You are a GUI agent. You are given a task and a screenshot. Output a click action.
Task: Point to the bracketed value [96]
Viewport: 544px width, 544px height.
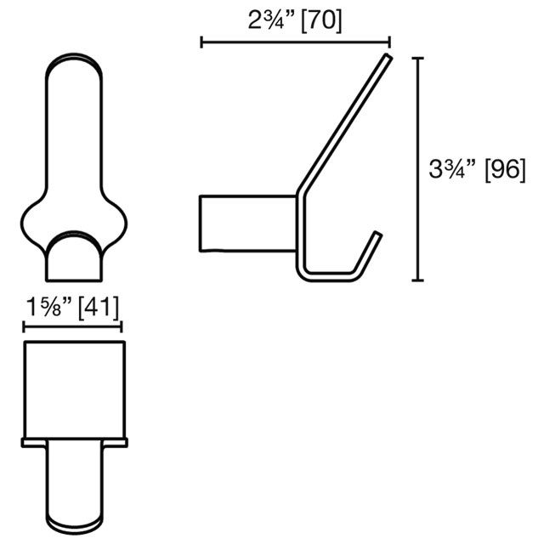coord(504,170)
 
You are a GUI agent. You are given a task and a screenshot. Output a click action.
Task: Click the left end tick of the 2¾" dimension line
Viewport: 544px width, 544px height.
coord(201,41)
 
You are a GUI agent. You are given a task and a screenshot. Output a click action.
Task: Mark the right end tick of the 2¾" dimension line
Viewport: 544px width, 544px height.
coord(389,41)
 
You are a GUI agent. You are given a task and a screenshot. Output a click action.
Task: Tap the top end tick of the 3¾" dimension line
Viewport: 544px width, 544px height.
coord(416,58)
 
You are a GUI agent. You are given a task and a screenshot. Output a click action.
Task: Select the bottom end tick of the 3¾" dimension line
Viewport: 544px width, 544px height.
coord(416,280)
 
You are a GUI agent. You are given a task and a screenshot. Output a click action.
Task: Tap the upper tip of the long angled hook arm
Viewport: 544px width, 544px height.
coord(388,59)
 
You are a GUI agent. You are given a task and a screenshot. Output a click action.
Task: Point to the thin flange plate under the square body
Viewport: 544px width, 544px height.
coord(74,442)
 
